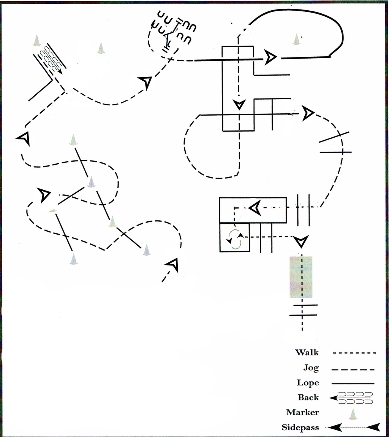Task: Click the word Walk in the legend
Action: coord(307,352)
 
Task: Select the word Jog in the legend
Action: coord(311,368)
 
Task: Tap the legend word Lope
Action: coord(308,383)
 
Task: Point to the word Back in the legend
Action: coord(308,397)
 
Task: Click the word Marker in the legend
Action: coord(302,412)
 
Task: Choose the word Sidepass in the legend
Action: coord(300,427)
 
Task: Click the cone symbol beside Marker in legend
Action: coord(353,414)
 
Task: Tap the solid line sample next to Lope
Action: coord(353,383)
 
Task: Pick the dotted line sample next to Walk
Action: coord(354,353)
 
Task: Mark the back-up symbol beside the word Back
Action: coord(351,398)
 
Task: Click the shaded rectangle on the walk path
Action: coord(301,277)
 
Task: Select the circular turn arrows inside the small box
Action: coord(234,238)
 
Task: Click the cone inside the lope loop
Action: coord(297,39)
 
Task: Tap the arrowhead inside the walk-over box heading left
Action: coord(255,208)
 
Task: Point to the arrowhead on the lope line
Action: coord(270,58)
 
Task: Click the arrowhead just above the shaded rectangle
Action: coord(301,242)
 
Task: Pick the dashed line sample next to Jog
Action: coord(353,370)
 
